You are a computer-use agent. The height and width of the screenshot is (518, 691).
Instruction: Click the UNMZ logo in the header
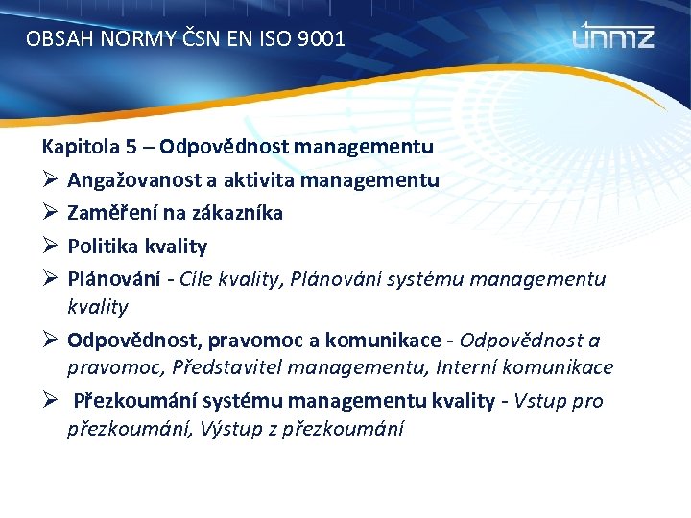[613, 37]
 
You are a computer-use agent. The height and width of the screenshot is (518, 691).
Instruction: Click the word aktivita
[266, 180]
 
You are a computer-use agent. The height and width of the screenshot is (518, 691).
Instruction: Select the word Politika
[104, 247]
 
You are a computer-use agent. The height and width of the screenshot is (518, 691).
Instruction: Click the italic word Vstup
[539, 401]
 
